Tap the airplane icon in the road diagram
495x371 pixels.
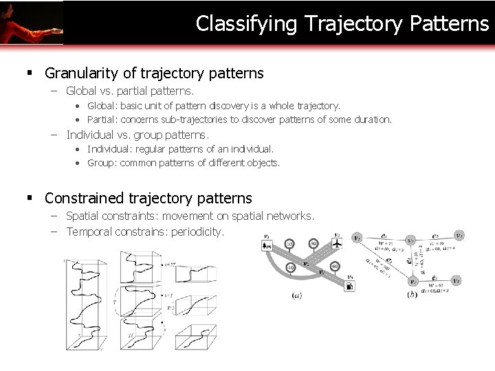(x=337, y=244)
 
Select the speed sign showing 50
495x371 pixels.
(x=289, y=244)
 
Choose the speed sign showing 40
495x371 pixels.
(x=290, y=268)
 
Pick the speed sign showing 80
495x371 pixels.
(x=313, y=244)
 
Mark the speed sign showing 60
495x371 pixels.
(x=335, y=266)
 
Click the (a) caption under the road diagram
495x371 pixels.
(x=296, y=295)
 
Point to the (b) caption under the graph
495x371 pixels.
(x=411, y=295)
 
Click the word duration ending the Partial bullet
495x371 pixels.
(x=374, y=120)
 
